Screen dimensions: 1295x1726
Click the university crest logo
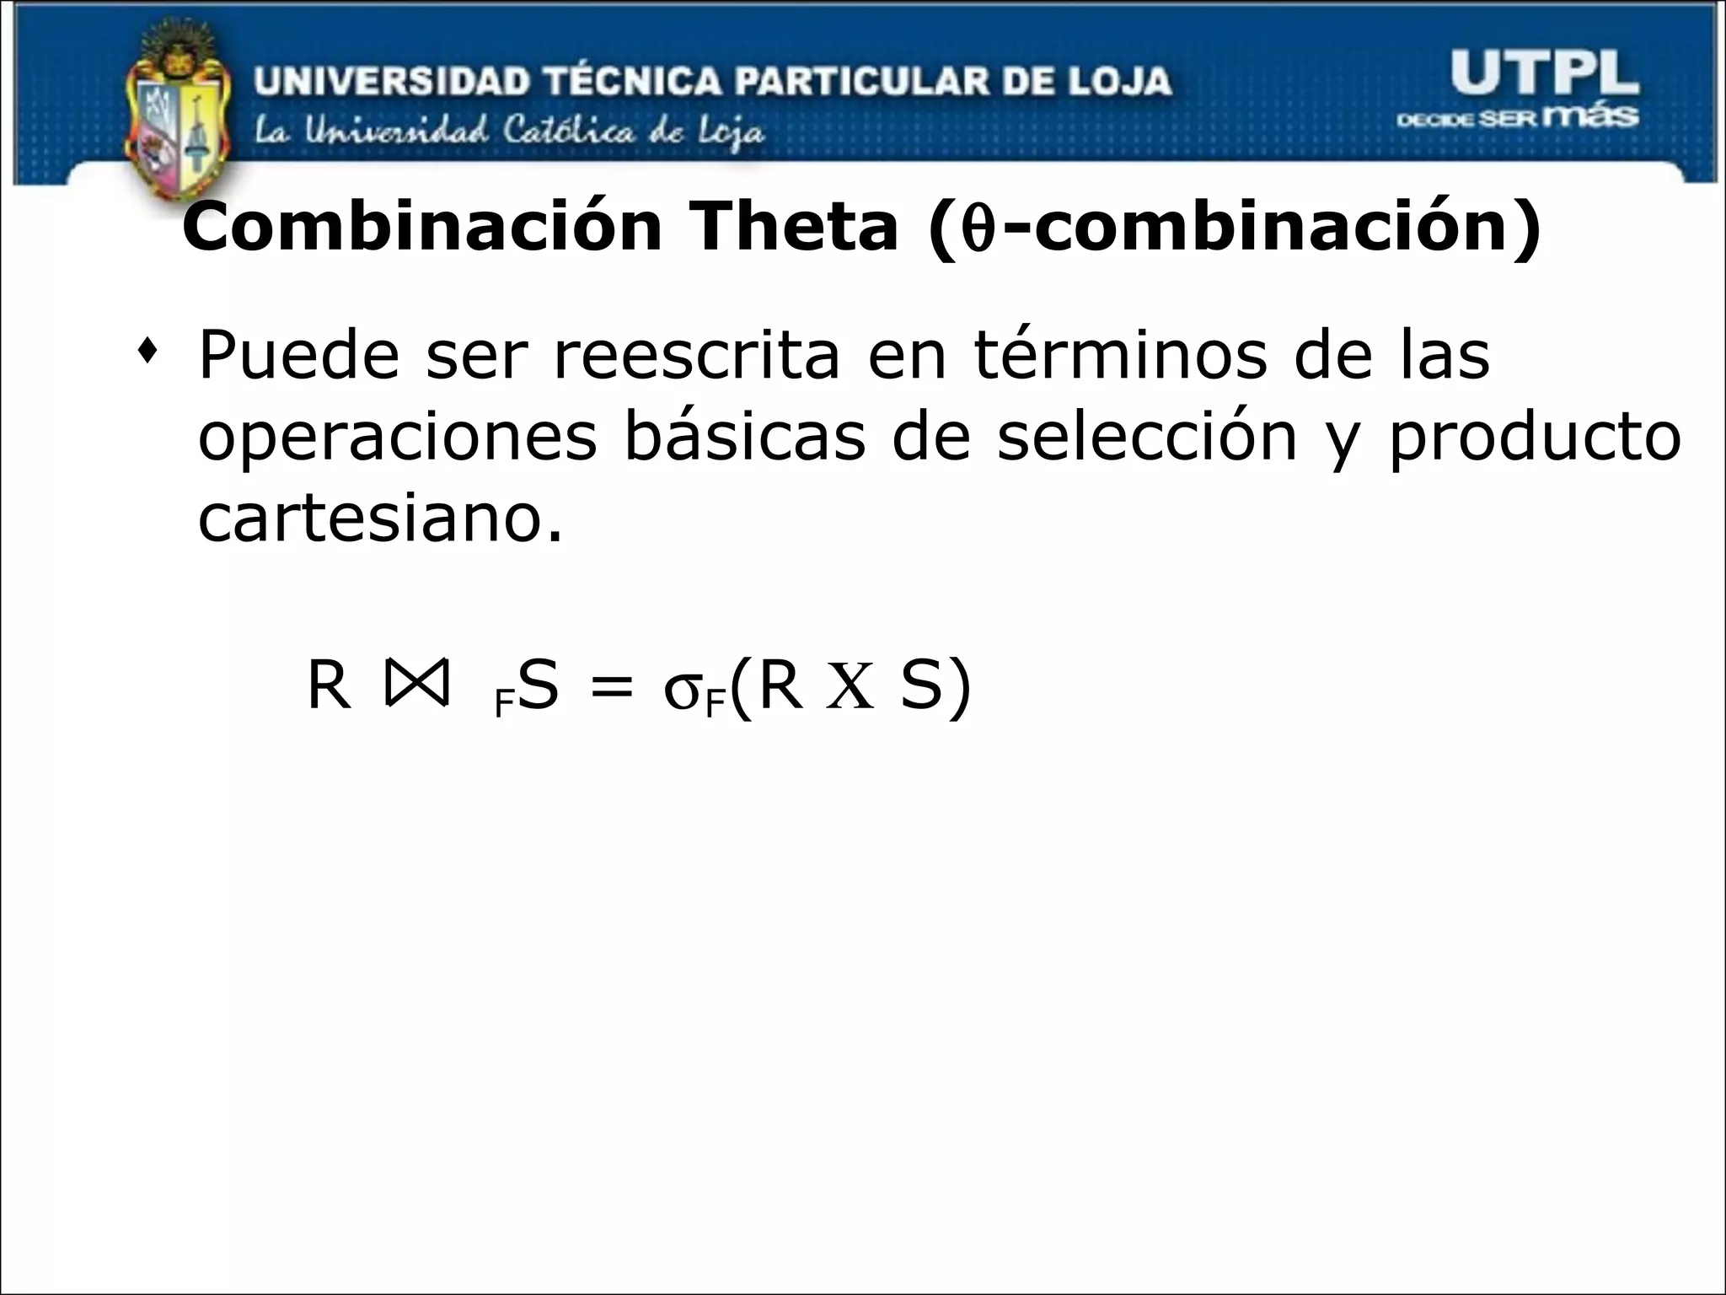tap(178, 118)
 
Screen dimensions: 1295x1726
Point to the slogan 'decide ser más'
tap(1517, 117)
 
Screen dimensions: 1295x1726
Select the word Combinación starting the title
tap(421, 228)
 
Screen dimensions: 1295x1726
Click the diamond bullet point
tap(149, 349)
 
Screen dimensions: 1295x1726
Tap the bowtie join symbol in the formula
tap(415, 685)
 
